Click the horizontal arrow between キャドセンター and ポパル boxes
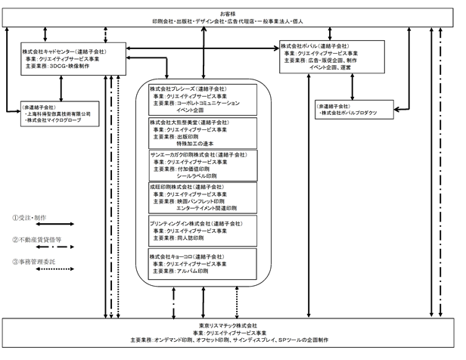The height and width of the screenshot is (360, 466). [201, 49]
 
